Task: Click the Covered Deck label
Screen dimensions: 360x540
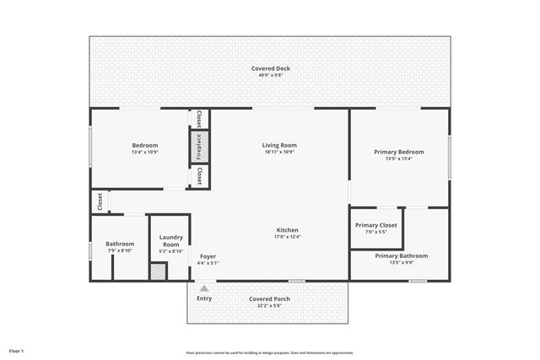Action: (x=270, y=68)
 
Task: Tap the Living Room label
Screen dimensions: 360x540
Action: (x=279, y=145)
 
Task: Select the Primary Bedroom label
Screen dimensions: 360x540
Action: (x=399, y=152)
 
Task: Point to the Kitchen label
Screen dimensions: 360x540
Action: (x=287, y=230)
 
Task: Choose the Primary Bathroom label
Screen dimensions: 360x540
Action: (x=402, y=255)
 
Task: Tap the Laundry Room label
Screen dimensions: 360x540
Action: (x=171, y=240)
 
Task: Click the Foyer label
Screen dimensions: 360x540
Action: (x=208, y=255)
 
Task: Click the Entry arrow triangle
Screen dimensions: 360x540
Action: (x=203, y=288)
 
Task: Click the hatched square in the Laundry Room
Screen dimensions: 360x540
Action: (x=158, y=271)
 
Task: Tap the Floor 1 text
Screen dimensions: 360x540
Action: (x=16, y=350)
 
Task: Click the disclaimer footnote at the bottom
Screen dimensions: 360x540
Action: (x=270, y=352)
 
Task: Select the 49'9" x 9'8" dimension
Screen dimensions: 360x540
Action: (x=270, y=76)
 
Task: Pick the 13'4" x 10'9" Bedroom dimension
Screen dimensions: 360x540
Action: (x=145, y=153)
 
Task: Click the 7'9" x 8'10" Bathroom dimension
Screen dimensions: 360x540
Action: (x=120, y=250)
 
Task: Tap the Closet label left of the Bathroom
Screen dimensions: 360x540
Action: (x=99, y=202)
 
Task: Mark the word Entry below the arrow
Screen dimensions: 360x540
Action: (x=204, y=298)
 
